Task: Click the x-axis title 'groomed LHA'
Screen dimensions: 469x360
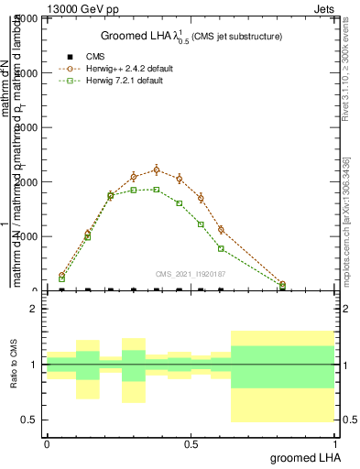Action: [x=300, y=457]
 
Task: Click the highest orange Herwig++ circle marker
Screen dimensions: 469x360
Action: [x=157, y=169]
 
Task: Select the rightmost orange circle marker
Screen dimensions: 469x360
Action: [x=283, y=285]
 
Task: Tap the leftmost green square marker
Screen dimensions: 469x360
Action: [x=61, y=279]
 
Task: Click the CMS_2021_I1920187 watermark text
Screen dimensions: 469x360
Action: [x=191, y=273]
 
